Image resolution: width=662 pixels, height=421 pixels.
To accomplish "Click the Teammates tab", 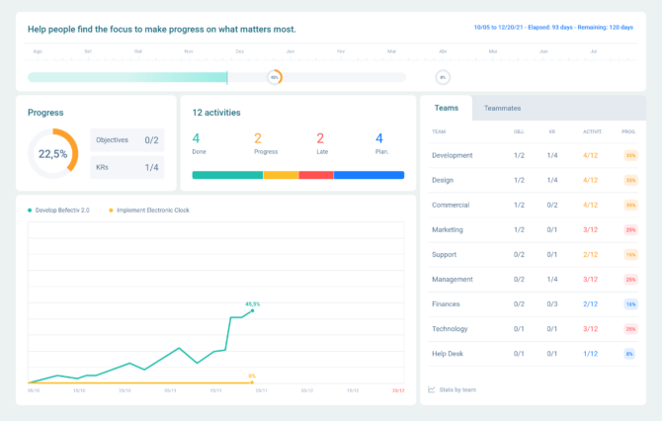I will coord(502,108).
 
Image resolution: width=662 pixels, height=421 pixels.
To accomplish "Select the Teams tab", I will coord(446,108).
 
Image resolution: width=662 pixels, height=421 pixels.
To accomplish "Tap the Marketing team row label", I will coord(447,229).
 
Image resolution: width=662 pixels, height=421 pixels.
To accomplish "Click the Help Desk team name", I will coord(448,353).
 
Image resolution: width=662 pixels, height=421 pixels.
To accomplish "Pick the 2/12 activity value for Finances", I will coord(590,304).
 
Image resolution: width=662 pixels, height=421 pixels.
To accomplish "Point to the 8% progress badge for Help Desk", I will coord(629,354).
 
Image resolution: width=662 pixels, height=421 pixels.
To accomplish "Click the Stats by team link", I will coord(457,389).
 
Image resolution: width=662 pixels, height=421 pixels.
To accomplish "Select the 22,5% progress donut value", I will coord(52,154).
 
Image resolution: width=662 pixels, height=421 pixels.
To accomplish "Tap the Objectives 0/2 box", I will coord(126,140).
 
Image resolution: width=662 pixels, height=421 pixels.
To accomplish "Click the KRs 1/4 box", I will coord(126,168).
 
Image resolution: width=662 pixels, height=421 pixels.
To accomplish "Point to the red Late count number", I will coord(320,138).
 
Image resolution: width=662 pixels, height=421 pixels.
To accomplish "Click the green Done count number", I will coord(196,138).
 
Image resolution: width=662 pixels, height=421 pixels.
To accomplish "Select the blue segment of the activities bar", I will coord(369,175).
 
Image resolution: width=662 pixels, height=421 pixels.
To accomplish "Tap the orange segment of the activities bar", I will coord(281,175).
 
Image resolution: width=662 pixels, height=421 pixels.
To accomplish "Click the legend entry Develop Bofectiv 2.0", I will coord(62,210).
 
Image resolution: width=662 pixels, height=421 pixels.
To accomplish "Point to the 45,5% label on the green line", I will coord(253,303).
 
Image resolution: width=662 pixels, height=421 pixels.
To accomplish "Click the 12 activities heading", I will coord(216,113).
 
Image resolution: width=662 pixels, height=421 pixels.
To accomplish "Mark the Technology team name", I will coord(451,329).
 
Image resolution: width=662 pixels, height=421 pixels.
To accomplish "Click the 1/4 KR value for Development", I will coord(552,155).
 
